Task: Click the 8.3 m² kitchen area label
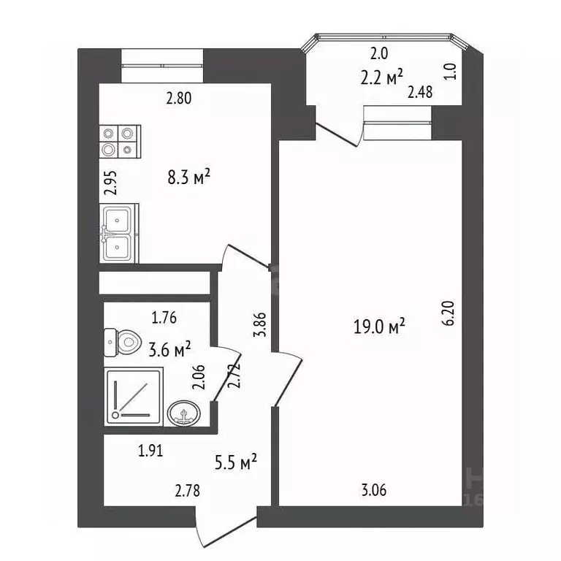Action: point(188,177)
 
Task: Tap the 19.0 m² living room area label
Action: point(379,326)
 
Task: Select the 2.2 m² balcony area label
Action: point(381,77)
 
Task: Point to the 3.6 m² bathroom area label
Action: point(169,350)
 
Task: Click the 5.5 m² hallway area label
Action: point(236,462)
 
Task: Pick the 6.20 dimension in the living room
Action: point(449,313)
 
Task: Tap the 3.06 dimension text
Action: point(374,490)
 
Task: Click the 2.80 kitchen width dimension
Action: point(179,98)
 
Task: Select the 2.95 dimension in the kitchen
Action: point(110,183)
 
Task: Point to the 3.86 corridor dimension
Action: point(260,324)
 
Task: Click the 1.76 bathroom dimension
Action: point(164,318)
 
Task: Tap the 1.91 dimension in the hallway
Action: point(150,451)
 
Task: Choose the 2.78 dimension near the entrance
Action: point(188,491)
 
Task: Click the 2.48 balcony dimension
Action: point(420,92)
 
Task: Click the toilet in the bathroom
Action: point(123,343)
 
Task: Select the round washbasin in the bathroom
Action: point(184,413)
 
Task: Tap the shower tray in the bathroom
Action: point(134,397)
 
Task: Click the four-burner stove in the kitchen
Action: point(120,142)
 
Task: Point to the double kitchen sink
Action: point(119,233)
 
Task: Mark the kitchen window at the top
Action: point(162,66)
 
